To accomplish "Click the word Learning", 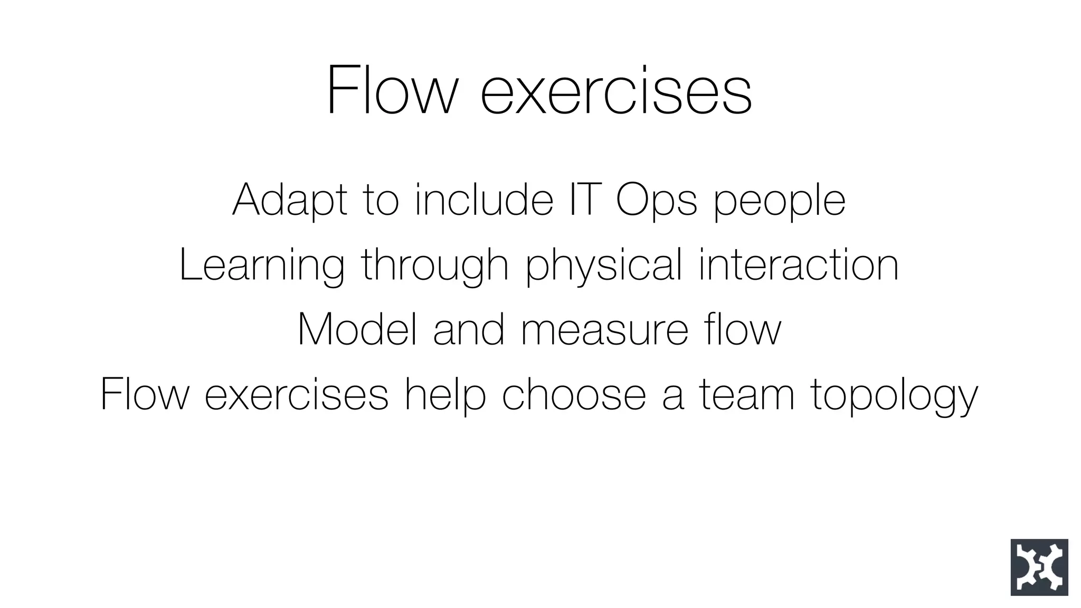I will pos(262,266).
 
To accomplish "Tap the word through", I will pos(434,266).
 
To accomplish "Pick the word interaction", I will pos(799,265).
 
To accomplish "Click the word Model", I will pos(357,330).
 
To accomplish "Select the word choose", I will pos(573,395).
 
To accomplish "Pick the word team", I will pos(747,395).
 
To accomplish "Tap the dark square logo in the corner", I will pos(1039,567).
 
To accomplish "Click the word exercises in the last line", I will pos(296,395).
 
